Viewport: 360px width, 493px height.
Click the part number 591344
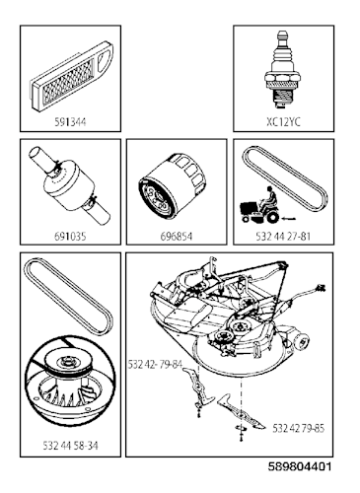tap(70, 122)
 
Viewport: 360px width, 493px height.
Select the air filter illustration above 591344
tap(72, 75)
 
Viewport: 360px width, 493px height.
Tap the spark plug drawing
tap(282, 69)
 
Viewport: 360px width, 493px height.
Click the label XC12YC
tap(283, 122)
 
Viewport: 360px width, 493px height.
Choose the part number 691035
tap(70, 237)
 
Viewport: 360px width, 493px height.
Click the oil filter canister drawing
tap(173, 188)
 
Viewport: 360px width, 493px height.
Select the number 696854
tap(177, 237)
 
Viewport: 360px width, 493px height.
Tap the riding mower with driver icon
tap(259, 205)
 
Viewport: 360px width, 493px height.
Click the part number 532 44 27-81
tap(283, 237)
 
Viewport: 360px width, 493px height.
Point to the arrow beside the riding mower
tap(289, 218)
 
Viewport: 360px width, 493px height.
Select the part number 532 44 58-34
tap(70, 446)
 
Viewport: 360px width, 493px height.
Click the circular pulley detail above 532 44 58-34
tap(70, 379)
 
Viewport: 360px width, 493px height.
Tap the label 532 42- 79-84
tap(155, 365)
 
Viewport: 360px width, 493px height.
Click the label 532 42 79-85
tap(298, 428)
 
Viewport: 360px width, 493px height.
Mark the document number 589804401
tap(300, 466)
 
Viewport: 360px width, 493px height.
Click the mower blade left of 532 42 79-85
tap(241, 412)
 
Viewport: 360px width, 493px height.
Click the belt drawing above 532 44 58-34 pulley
tap(68, 296)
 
